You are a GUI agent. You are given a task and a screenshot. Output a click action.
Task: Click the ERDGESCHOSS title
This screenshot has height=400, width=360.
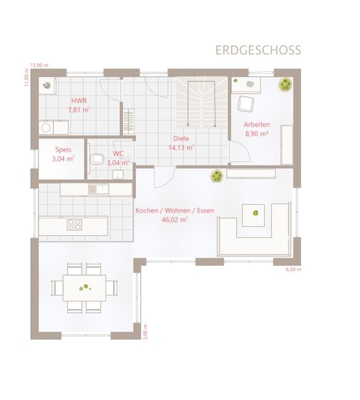[x=258, y=50]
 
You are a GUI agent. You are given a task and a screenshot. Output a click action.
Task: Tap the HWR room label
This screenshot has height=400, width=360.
[x=79, y=101]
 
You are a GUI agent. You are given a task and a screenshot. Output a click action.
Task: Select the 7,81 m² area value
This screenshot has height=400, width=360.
[x=79, y=110]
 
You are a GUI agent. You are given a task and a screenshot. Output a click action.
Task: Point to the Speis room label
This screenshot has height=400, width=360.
[x=63, y=150]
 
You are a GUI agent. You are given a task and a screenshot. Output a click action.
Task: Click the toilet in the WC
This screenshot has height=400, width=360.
[x=97, y=159]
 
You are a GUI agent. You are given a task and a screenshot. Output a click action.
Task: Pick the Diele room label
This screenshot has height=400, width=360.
[x=181, y=138]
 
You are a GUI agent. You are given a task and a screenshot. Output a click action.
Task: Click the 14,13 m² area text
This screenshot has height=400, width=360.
[x=182, y=148]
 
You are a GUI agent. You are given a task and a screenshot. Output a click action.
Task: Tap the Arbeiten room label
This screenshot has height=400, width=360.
[x=257, y=125]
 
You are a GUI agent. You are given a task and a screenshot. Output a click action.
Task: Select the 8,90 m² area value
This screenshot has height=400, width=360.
[x=257, y=134]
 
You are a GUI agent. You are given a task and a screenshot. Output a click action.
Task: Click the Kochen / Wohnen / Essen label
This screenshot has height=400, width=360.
[x=174, y=211]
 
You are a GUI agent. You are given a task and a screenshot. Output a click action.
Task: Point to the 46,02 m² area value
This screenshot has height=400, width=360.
[x=175, y=220]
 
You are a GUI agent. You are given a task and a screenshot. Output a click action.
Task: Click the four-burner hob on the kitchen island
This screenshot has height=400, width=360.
[x=75, y=225]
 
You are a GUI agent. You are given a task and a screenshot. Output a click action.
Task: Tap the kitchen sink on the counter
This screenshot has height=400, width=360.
[x=98, y=189]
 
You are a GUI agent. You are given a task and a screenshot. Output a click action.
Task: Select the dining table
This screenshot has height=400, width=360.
[x=84, y=288]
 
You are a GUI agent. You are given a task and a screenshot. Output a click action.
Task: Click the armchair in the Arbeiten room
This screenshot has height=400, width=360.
[x=246, y=103]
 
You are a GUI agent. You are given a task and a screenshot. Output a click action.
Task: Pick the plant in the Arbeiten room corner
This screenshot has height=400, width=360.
[x=285, y=84]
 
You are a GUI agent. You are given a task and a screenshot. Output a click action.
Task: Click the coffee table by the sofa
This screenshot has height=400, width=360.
[x=253, y=215]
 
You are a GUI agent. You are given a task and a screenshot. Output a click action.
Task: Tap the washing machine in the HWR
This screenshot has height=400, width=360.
[x=46, y=127]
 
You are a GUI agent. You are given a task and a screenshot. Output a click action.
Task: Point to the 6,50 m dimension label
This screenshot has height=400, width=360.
[x=294, y=269]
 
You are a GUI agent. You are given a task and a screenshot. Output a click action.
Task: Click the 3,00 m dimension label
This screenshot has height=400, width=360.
[x=145, y=332]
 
